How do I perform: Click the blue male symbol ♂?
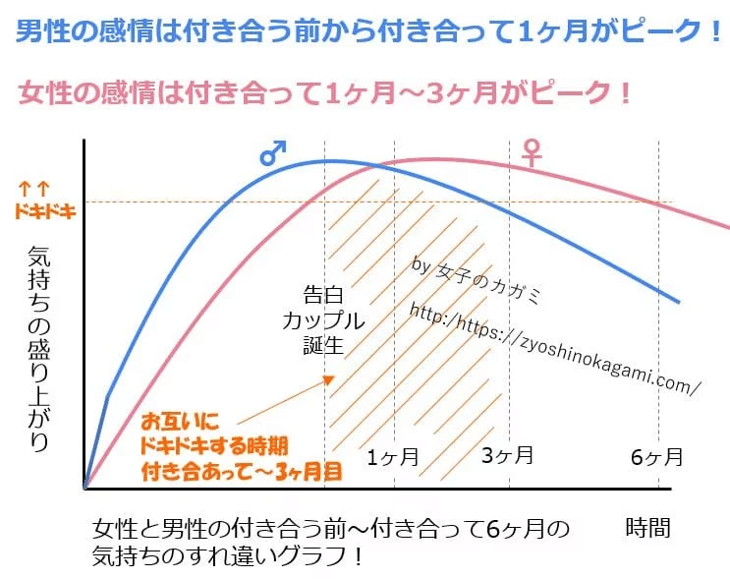(x=273, y=151)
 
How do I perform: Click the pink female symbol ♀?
(x=532, y=151)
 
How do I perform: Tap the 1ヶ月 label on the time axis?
(x=393, y=456)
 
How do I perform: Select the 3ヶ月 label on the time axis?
(x=508, y=455)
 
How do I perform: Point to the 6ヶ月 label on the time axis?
(x=655, y=456)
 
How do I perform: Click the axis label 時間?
(x=648, y=528)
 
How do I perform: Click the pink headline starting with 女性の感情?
(x=324, y=94)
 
